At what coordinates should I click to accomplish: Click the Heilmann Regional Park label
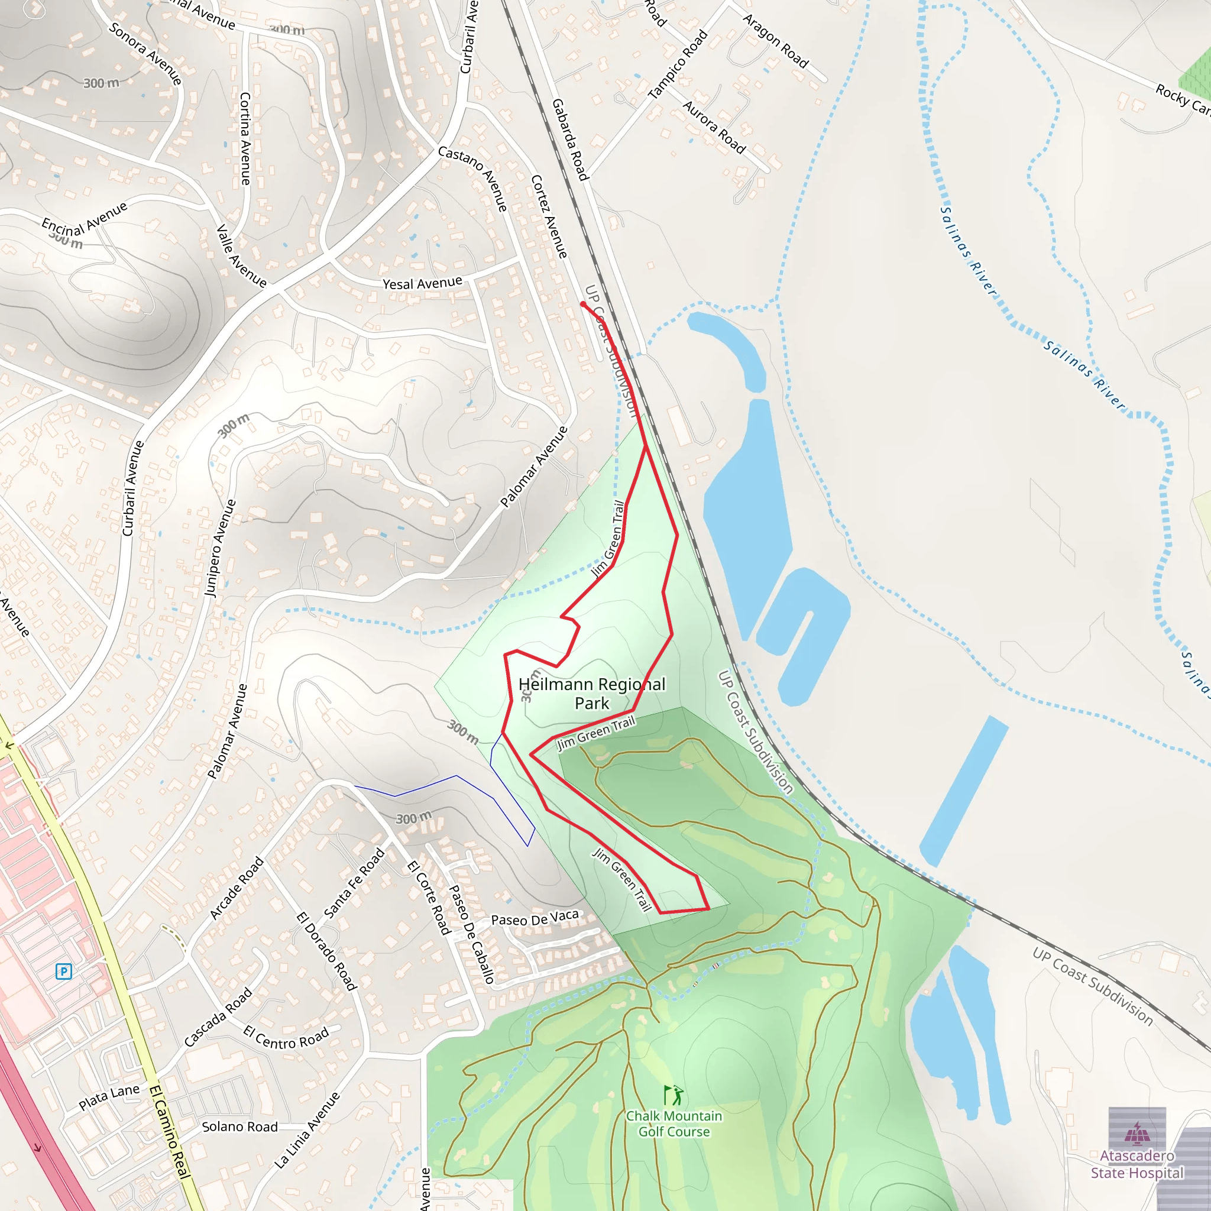pyautogui.click(x=592, y=693)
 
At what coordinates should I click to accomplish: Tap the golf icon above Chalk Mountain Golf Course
pyautogui.click(x=674, y=1095)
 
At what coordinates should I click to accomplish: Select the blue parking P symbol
pyautogui.click(x=63, y=972)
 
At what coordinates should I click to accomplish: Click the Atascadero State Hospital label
pyautogui.click(x=1137, y=1164)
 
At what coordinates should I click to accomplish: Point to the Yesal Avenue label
pyautogui.click(x=422, y=283)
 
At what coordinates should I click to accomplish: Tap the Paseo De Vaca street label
pyautogui.click(x=535, y=918)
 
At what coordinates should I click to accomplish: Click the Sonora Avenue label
pyautogui.click(x=145, y=54)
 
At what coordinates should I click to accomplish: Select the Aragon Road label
pyautogui.click(x=776, y=41)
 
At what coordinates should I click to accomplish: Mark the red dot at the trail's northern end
pyautogui.click(x=583, y=304)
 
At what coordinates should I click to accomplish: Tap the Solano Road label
pyautogui.click(x=239, y=1126)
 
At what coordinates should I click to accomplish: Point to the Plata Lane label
pyautogui.click(x=109, y=1097)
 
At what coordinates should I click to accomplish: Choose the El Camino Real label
pyautogui.click(x=170, y=1131)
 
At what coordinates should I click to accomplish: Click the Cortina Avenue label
pyautogui.click(x=245, y=138)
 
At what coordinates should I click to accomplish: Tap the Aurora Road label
pyautogui.click(x=714, y=128)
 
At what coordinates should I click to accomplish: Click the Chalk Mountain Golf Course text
pyautogui.click(x=674, y=1124)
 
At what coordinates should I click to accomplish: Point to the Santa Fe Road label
pyautogui.click(x=354, y=883)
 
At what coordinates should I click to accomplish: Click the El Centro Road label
pyautogui.click(x=286, y=1038)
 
